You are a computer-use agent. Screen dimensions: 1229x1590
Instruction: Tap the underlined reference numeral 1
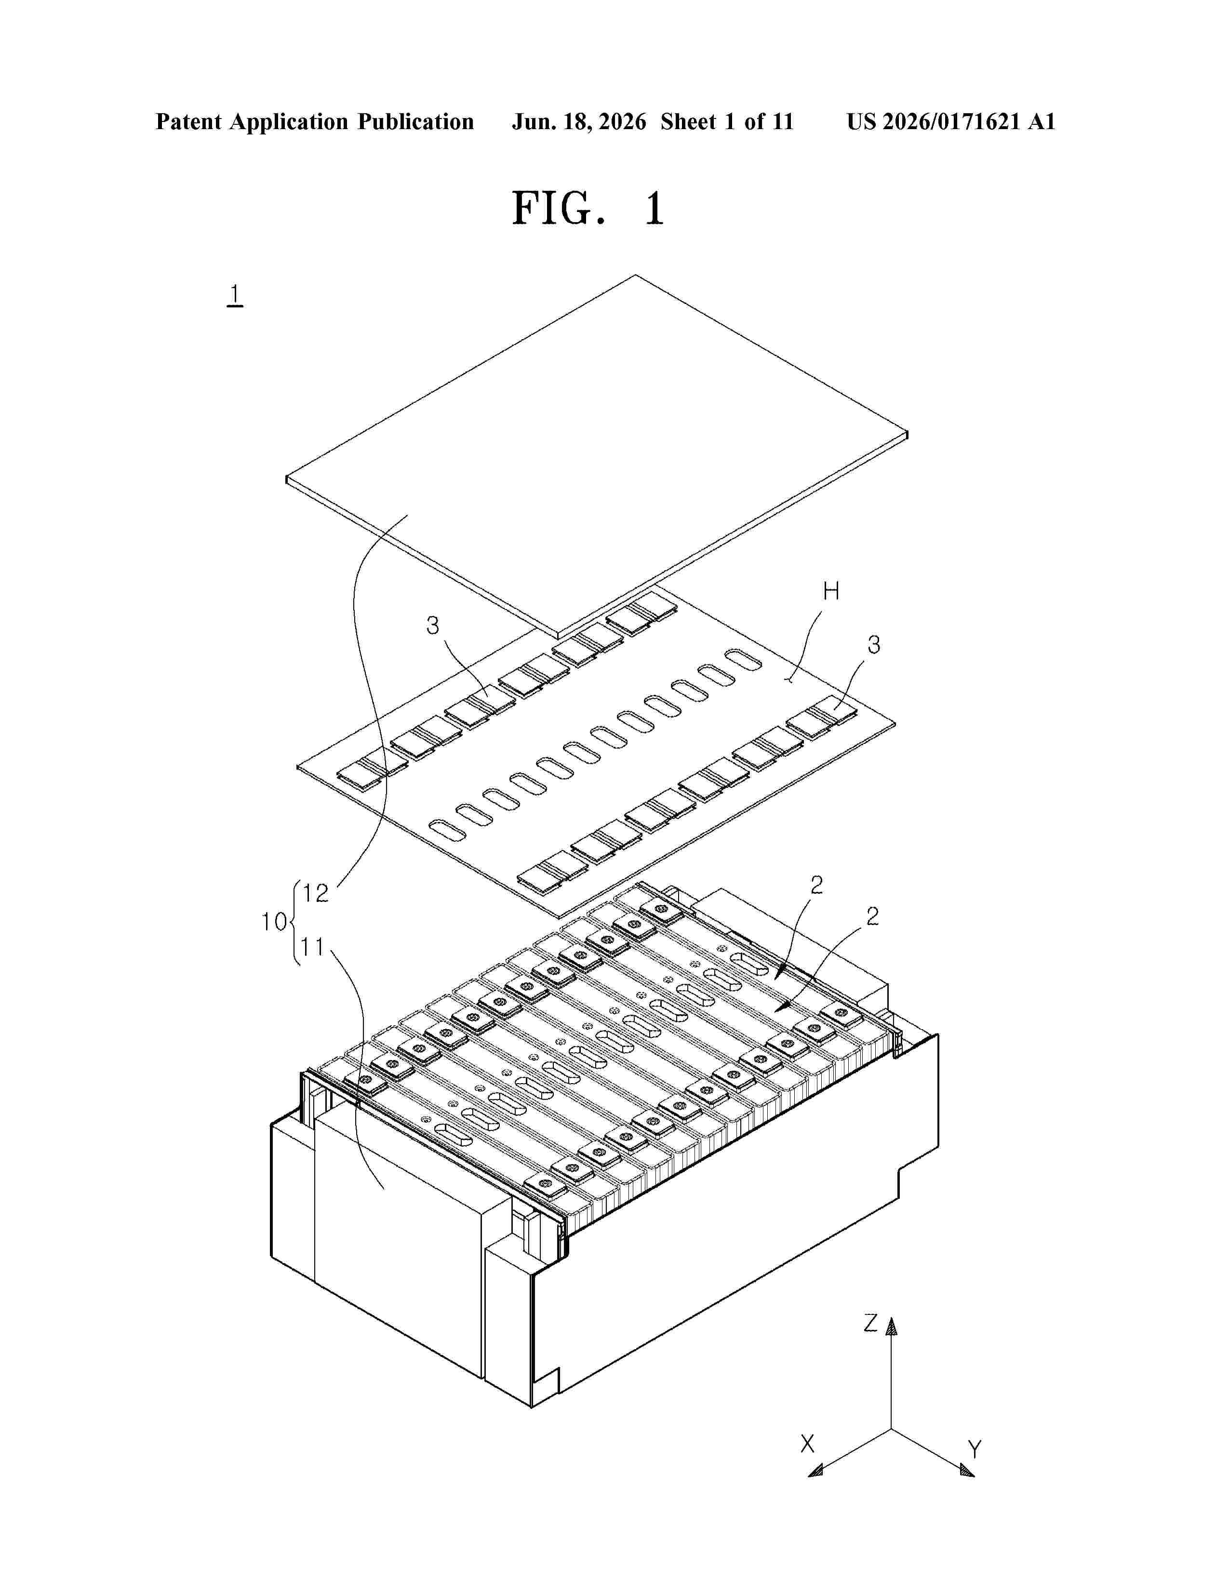point(234,295)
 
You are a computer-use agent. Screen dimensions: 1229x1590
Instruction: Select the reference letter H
point(831,592)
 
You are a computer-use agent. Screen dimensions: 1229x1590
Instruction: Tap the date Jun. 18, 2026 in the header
point(579,121)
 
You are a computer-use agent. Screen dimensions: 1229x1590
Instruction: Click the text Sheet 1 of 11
point(727,121)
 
